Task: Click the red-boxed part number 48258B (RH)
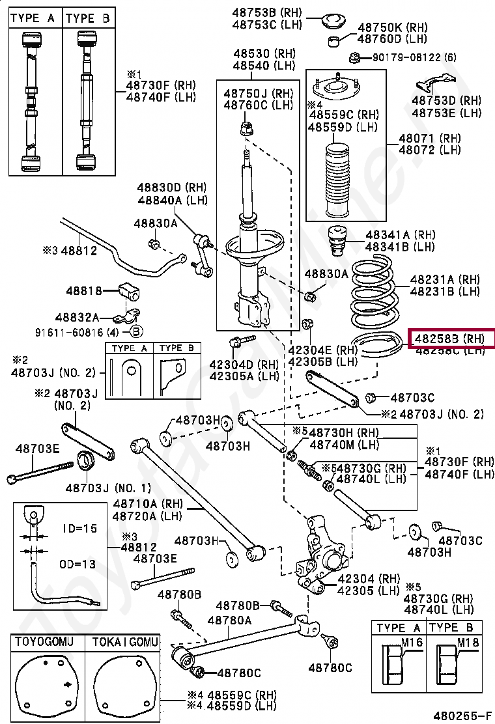[451, 339]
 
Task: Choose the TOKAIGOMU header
[124, 643]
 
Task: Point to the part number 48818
[83, 291]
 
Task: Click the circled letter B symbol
[136, 331]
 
